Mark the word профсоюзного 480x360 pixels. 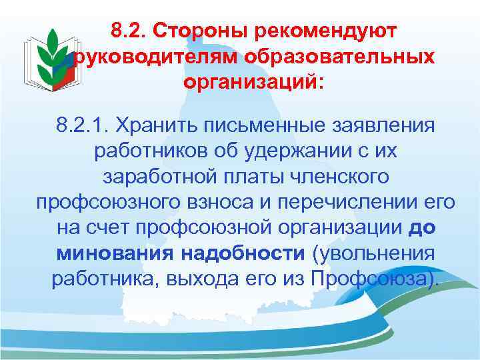(105, 202)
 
